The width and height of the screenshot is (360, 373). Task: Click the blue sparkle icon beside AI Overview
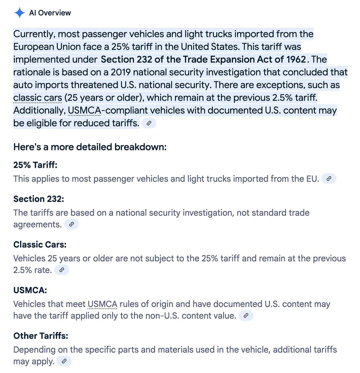point(19,13)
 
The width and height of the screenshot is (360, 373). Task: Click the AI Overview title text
point(50,13)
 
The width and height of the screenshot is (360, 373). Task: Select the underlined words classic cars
point(38,98)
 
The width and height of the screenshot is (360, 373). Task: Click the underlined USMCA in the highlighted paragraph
point(84,110)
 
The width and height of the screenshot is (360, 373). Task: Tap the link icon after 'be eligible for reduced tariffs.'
point(149,123)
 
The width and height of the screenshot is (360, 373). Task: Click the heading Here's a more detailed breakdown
point(90,147)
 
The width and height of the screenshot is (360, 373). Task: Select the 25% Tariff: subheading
point(35,165)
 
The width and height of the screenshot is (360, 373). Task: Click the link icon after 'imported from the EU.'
point(329,178)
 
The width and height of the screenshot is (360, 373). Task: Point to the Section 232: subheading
point(39,199)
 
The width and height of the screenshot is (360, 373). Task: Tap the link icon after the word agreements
point(71,224)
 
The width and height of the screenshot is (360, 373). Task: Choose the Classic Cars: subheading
point(40,244)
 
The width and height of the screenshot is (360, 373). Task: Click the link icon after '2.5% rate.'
point(62,270)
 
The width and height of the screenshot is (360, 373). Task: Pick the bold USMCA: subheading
point(30,290)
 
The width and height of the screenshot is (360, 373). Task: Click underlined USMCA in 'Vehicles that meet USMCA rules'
point(102,304)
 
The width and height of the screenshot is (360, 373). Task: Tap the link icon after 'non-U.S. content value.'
point(246,315)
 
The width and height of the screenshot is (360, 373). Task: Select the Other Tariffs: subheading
point(41,336)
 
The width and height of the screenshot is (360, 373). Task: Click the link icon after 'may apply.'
point(64,361)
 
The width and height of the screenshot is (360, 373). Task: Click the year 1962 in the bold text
point(296,59)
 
